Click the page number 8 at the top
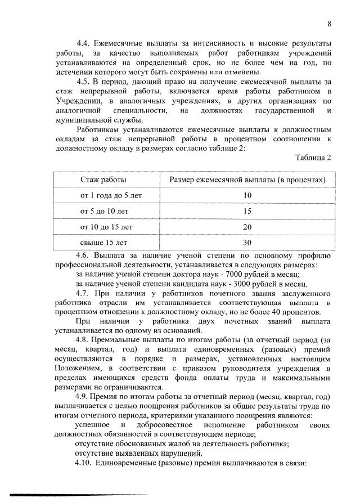(x=329, y=23)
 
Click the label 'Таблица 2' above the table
(x=313, y=157)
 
